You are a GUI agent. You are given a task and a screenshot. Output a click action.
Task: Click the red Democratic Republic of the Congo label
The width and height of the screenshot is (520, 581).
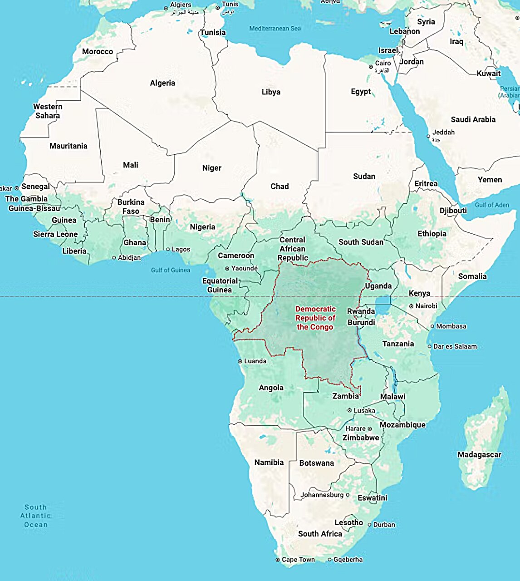(x=315, y=318)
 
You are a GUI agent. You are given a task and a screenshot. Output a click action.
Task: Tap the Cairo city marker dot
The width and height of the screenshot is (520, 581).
(x=371, y=67)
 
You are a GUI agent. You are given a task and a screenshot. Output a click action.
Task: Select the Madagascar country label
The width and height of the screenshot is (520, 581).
(x=479, y=454)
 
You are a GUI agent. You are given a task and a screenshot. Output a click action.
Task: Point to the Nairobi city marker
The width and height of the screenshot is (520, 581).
(x=411, y=306)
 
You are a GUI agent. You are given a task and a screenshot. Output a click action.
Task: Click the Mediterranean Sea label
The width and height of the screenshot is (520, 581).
(x=275, y=29)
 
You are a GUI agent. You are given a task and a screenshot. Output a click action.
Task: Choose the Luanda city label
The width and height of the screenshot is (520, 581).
(x=255, y=361)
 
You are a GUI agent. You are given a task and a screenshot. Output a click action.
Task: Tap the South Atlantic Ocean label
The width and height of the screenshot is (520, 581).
(x=35, y=516)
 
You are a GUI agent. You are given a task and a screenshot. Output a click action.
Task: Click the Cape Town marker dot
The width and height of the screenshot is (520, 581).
(x=278, y=560)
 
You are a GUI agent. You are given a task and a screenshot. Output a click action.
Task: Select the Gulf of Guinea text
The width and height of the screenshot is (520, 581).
(x=171, y=270)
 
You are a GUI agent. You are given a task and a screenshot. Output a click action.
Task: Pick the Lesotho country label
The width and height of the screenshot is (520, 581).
(x=348, y=522)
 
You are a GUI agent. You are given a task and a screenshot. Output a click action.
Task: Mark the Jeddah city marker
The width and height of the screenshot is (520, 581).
(x=428, y=136)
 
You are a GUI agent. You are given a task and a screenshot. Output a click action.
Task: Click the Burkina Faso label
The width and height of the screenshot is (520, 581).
(x=131, y=207)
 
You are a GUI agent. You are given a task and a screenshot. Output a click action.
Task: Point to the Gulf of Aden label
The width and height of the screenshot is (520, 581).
(x=492, y=205)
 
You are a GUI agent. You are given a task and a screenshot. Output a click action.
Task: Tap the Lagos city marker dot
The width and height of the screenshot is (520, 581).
(x=168, y=249)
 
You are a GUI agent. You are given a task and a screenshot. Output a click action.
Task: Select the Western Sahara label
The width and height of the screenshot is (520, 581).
(x=48, y=111)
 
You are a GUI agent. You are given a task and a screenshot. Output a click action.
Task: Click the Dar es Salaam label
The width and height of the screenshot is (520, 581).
(x=455, y=346)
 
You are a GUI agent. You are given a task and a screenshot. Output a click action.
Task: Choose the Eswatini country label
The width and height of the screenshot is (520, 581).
(x=373, y=497)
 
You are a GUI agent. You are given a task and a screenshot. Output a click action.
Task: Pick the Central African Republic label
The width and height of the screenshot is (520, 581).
(x=293, y=249)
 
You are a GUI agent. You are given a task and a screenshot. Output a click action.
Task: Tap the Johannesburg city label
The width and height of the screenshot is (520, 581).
(x=322, y=495)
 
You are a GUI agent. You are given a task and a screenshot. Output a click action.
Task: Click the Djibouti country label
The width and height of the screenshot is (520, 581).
(x=453, y=211)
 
